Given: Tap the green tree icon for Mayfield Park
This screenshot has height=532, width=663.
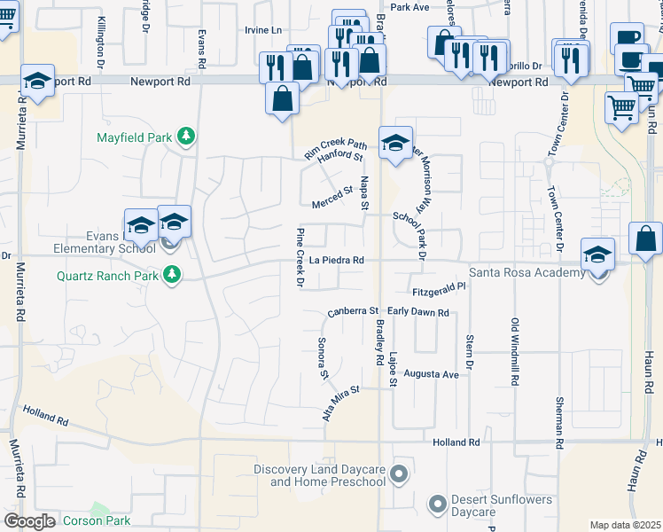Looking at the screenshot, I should tap(185, 136).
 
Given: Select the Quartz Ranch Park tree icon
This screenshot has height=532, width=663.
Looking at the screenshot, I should tap(172, 275).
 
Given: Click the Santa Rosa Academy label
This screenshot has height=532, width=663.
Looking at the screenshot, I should tap(526, 273).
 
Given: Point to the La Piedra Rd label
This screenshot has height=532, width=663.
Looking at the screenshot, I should tap(337, 261).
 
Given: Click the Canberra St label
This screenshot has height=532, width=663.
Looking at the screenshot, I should tap(353, 311).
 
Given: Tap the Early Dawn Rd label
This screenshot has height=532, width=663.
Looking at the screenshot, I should tap(418, 312).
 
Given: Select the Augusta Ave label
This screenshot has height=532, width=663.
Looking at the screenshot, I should tap(431, 374).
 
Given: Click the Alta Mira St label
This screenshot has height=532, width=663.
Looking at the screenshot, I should tap(342, 402).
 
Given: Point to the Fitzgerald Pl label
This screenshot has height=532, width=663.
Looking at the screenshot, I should tap(439, 290).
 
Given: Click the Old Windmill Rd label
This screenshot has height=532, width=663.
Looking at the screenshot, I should tap(514, 350).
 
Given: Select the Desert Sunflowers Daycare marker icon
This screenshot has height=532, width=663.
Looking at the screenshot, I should tap(436, 505).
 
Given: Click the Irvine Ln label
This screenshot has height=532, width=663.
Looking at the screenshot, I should tap(264, 29).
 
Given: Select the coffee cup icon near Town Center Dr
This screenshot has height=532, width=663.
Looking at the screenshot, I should tap(628, 36).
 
